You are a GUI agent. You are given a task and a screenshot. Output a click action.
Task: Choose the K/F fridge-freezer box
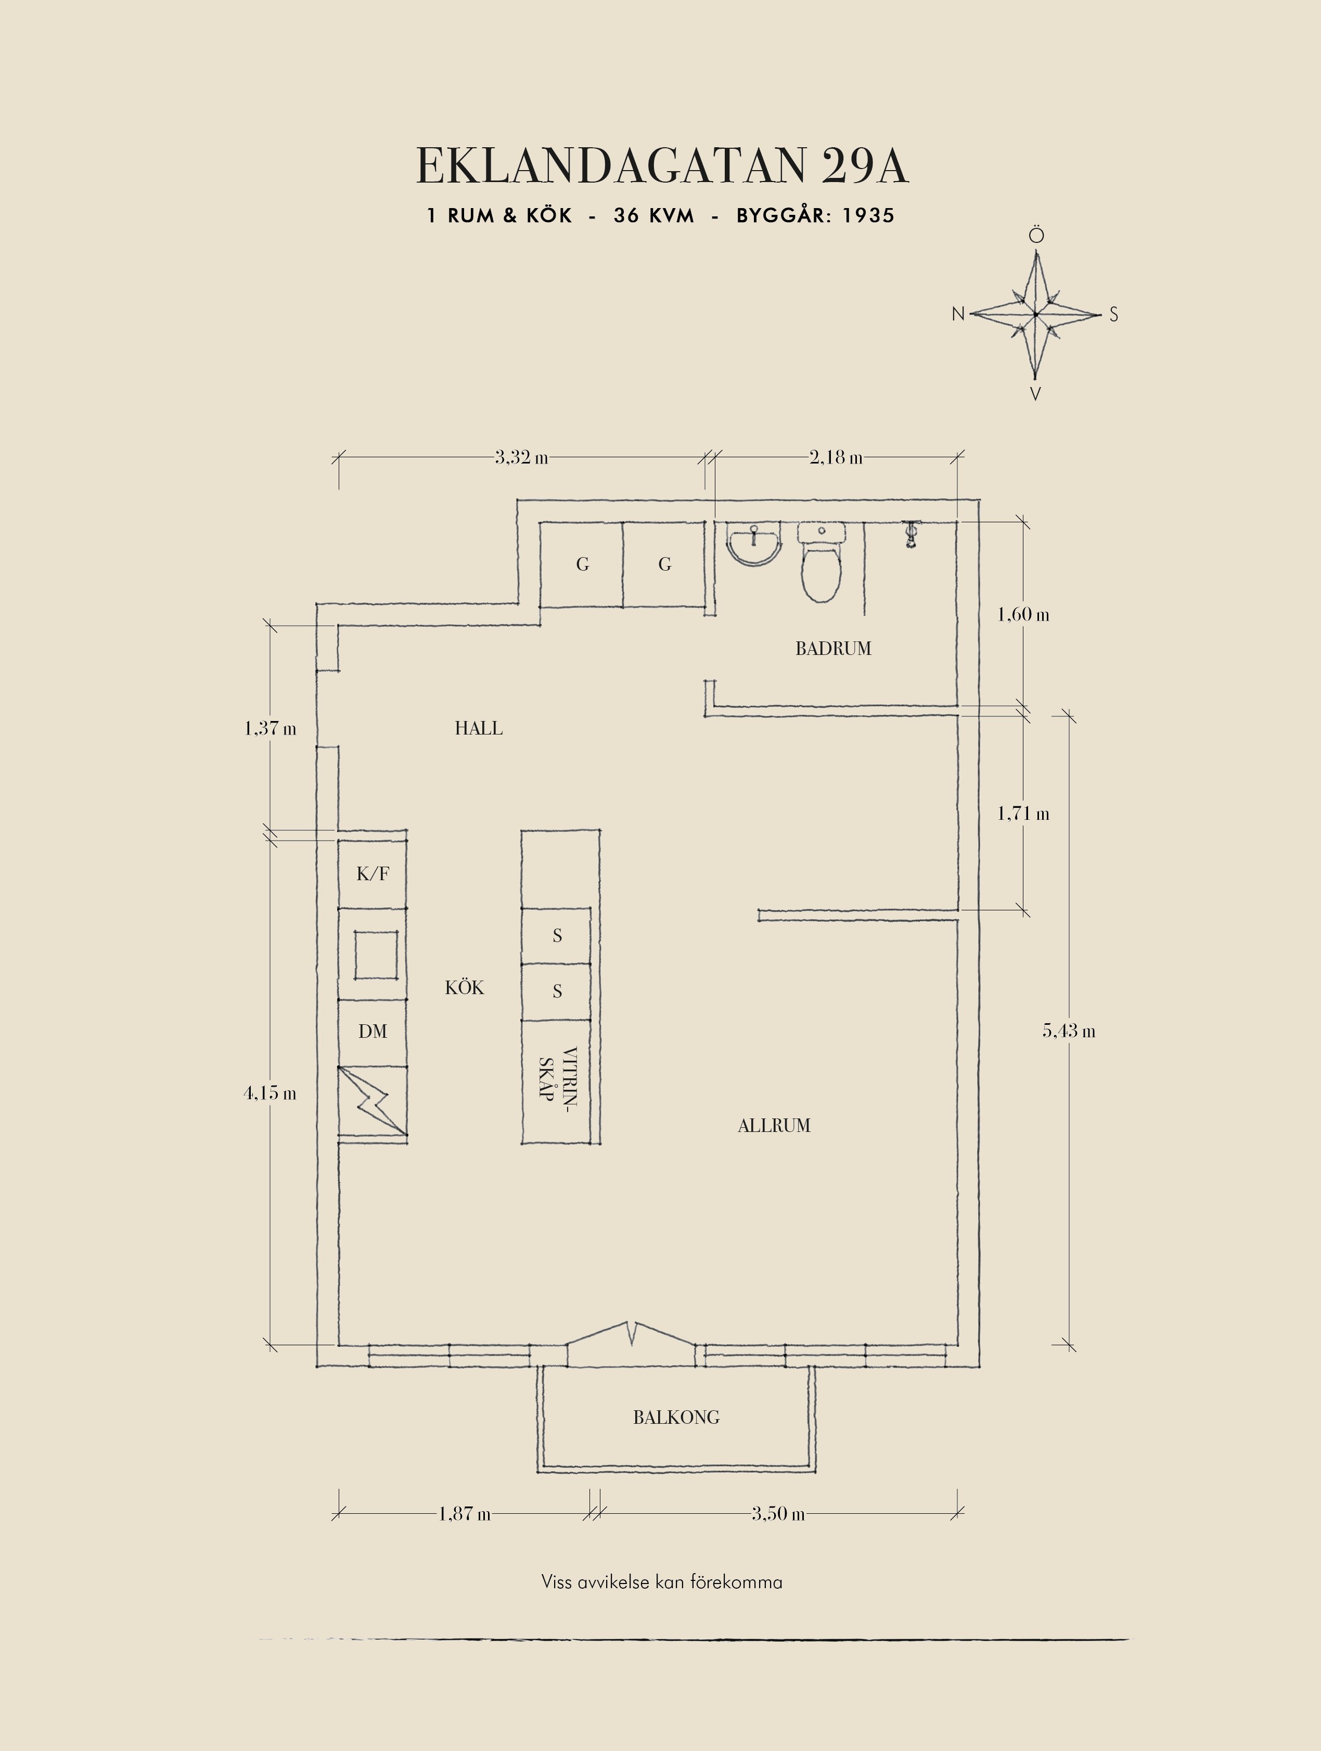pos(373,873)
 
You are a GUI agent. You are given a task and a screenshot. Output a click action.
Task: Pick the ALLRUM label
pos(774,1126)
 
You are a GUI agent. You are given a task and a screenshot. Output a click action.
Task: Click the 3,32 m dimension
pos(522,458)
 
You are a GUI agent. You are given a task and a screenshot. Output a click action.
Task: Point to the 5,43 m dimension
pos(1069,1031)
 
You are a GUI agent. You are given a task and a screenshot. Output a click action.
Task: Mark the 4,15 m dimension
pos(270,1093)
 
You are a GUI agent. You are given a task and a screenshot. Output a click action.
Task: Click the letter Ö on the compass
pos(1036,235)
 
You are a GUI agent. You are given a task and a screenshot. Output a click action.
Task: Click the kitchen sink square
pos(376,955)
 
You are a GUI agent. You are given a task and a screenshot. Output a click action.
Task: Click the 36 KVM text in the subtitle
pos(654,215)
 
